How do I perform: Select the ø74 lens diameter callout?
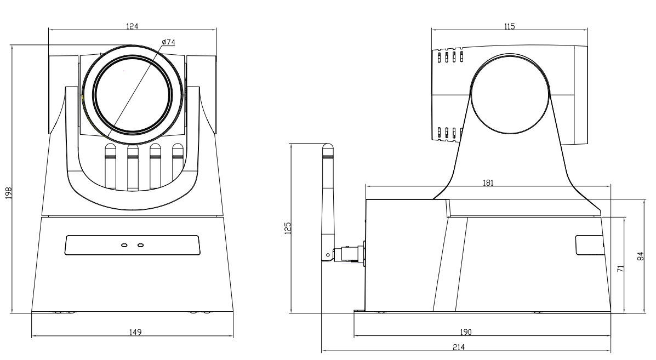168,43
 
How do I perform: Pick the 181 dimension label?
488,183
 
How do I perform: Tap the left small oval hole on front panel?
124,245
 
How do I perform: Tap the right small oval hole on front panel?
140,245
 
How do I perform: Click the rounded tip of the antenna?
328,147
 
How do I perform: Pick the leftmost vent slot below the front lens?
110,164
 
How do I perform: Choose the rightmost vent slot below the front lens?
178,164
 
